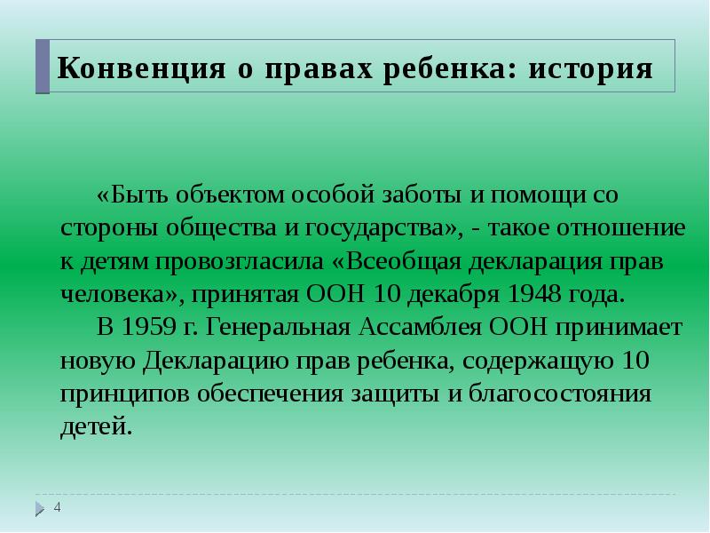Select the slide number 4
58,507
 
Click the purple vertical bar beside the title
43,67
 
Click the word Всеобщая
394,261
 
